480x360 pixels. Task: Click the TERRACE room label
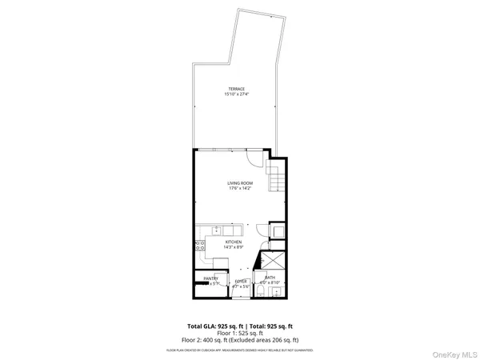click(236, 90)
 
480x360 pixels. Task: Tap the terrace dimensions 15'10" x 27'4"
click(236, 95)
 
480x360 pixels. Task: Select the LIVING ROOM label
click(240, 183)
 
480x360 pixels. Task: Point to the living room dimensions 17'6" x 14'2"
click(240, 189)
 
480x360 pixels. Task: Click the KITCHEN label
click(233, 242)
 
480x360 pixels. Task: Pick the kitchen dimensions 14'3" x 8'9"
click(233, 247)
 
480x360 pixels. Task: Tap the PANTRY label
click(210, 278)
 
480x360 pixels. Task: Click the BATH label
click(270, 278)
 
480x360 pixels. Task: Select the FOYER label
click(241, 281)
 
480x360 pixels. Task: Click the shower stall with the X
click(273, 261)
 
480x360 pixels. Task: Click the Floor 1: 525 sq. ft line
click(240, 334)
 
